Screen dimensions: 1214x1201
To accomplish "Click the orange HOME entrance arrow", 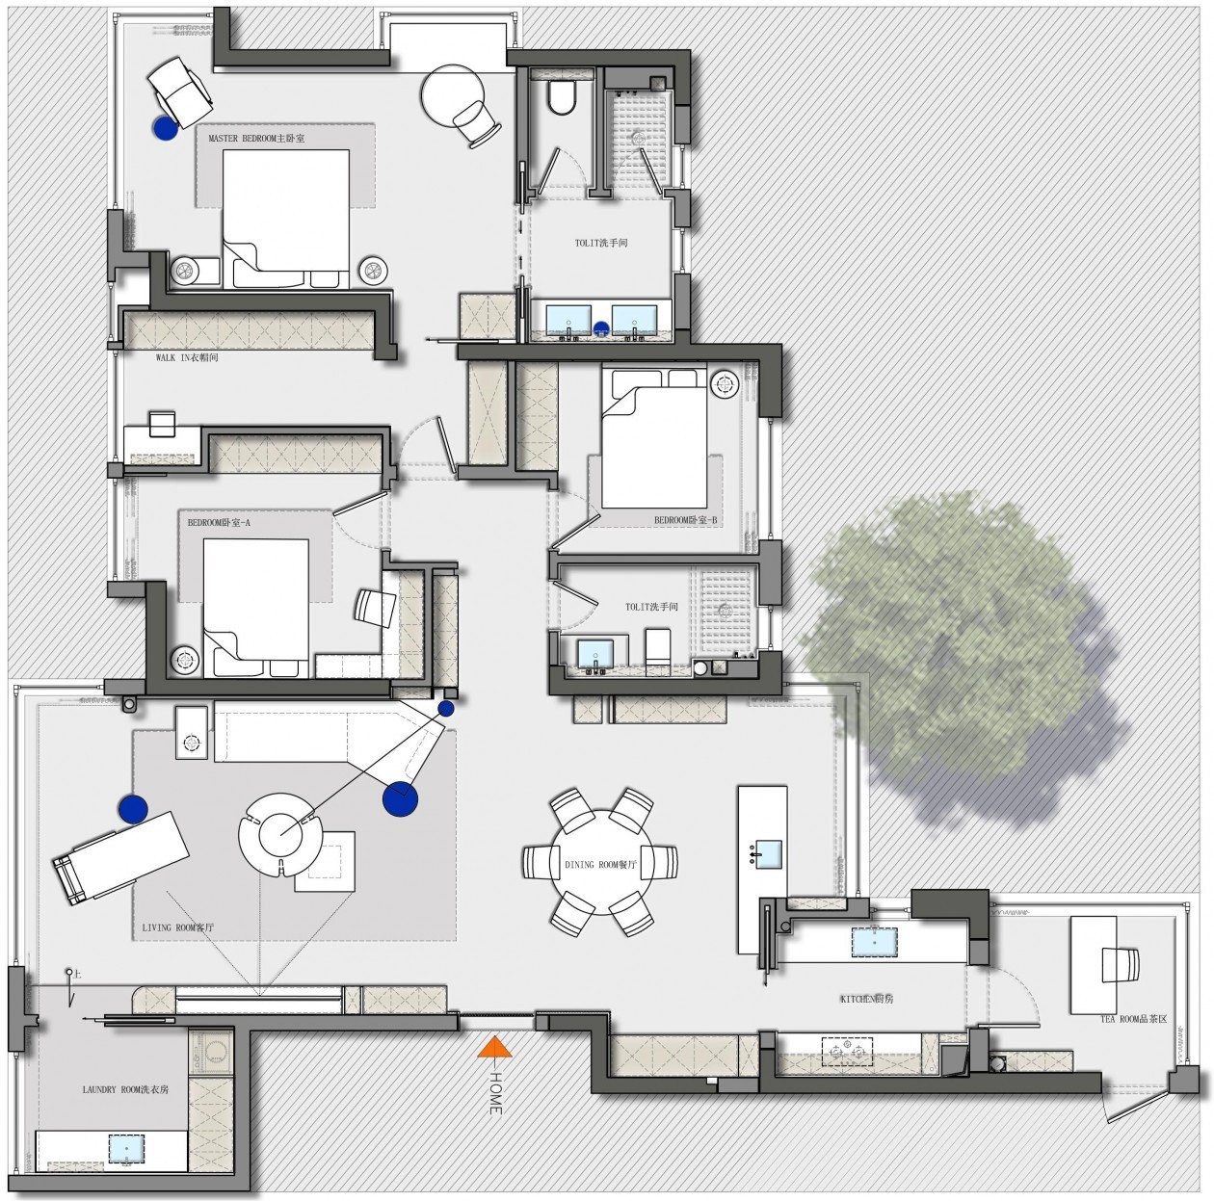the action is coord(494,1046).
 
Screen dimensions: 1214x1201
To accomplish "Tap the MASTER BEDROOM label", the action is coord(255,138).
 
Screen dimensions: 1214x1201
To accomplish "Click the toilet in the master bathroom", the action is coord(562,96).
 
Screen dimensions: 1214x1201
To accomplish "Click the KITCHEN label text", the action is coord(867,1000).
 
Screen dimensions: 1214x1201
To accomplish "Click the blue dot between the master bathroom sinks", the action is coord(601,326).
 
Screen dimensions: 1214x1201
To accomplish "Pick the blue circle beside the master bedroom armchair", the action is coord(165,128).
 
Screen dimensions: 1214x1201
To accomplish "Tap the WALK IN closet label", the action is coord(187,357).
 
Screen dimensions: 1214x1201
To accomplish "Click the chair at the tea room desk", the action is coord(1121,965).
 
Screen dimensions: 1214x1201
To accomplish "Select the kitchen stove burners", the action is coord(847,1052).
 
